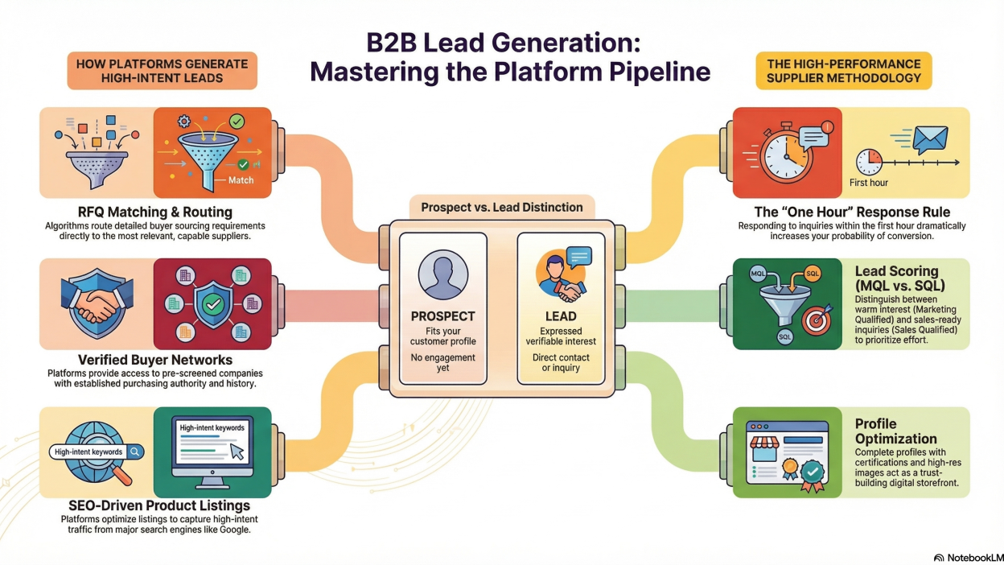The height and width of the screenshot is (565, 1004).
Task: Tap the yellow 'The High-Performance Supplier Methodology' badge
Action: pyautogui.click(x=843, y=70)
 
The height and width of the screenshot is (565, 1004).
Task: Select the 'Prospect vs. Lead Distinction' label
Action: pyautogui.click(x=502, y=207)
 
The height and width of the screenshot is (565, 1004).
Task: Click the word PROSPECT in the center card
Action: pyautogui.click(x=442, y=316)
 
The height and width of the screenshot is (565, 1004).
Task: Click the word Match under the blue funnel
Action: pyautogui.click(x=241, y=180)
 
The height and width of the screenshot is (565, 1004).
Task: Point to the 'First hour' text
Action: pyautogui.click(x=869, y=183)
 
